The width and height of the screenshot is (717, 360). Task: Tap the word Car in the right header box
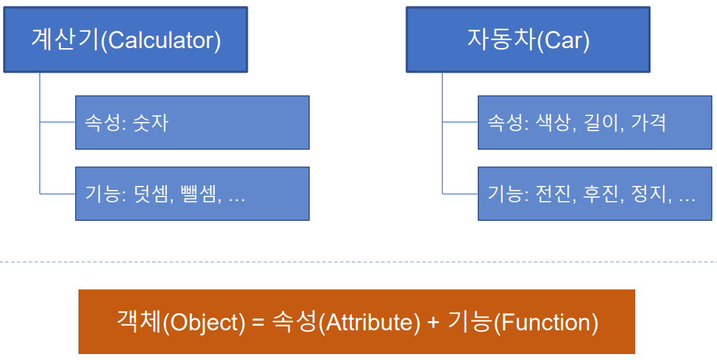563,40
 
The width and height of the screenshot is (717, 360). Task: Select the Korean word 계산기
65,40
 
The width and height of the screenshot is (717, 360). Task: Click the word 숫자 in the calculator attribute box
151,123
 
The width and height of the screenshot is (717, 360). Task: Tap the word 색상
550,123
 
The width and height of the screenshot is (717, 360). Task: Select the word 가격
649,123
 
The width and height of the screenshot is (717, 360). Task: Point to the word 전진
550,194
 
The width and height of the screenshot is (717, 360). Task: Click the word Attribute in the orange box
369,322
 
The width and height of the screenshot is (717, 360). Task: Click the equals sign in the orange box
259,322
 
